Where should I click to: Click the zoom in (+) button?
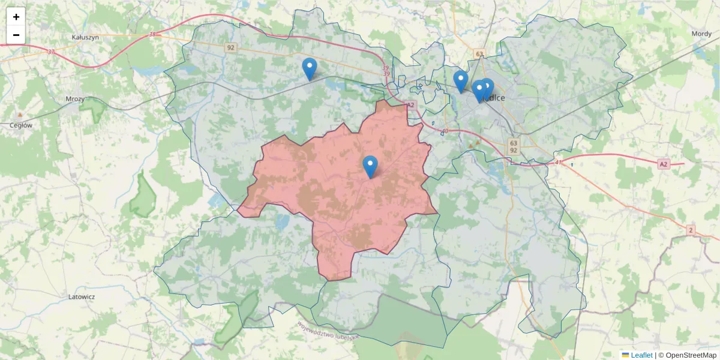(x=16, y=17)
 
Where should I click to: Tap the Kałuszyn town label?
(x=85, y=37)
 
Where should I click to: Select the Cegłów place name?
(x=21, y=125)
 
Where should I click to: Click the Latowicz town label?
(x=82, y=296)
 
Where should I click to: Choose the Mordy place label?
(x=701, y=34)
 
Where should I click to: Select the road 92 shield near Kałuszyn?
(x=231, y=47)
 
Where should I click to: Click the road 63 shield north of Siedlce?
(x=479, y=54)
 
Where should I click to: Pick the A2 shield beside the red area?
(x=410, y=105)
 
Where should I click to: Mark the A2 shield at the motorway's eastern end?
(x=663, y=164)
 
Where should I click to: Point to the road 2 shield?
(x=691, y=230)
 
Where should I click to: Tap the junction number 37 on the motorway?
(x=51, y=52)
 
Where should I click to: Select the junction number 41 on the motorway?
(x=558, y=162)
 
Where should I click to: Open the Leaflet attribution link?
(x=641, y=355)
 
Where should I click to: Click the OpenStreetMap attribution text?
(x=687, y=355)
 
